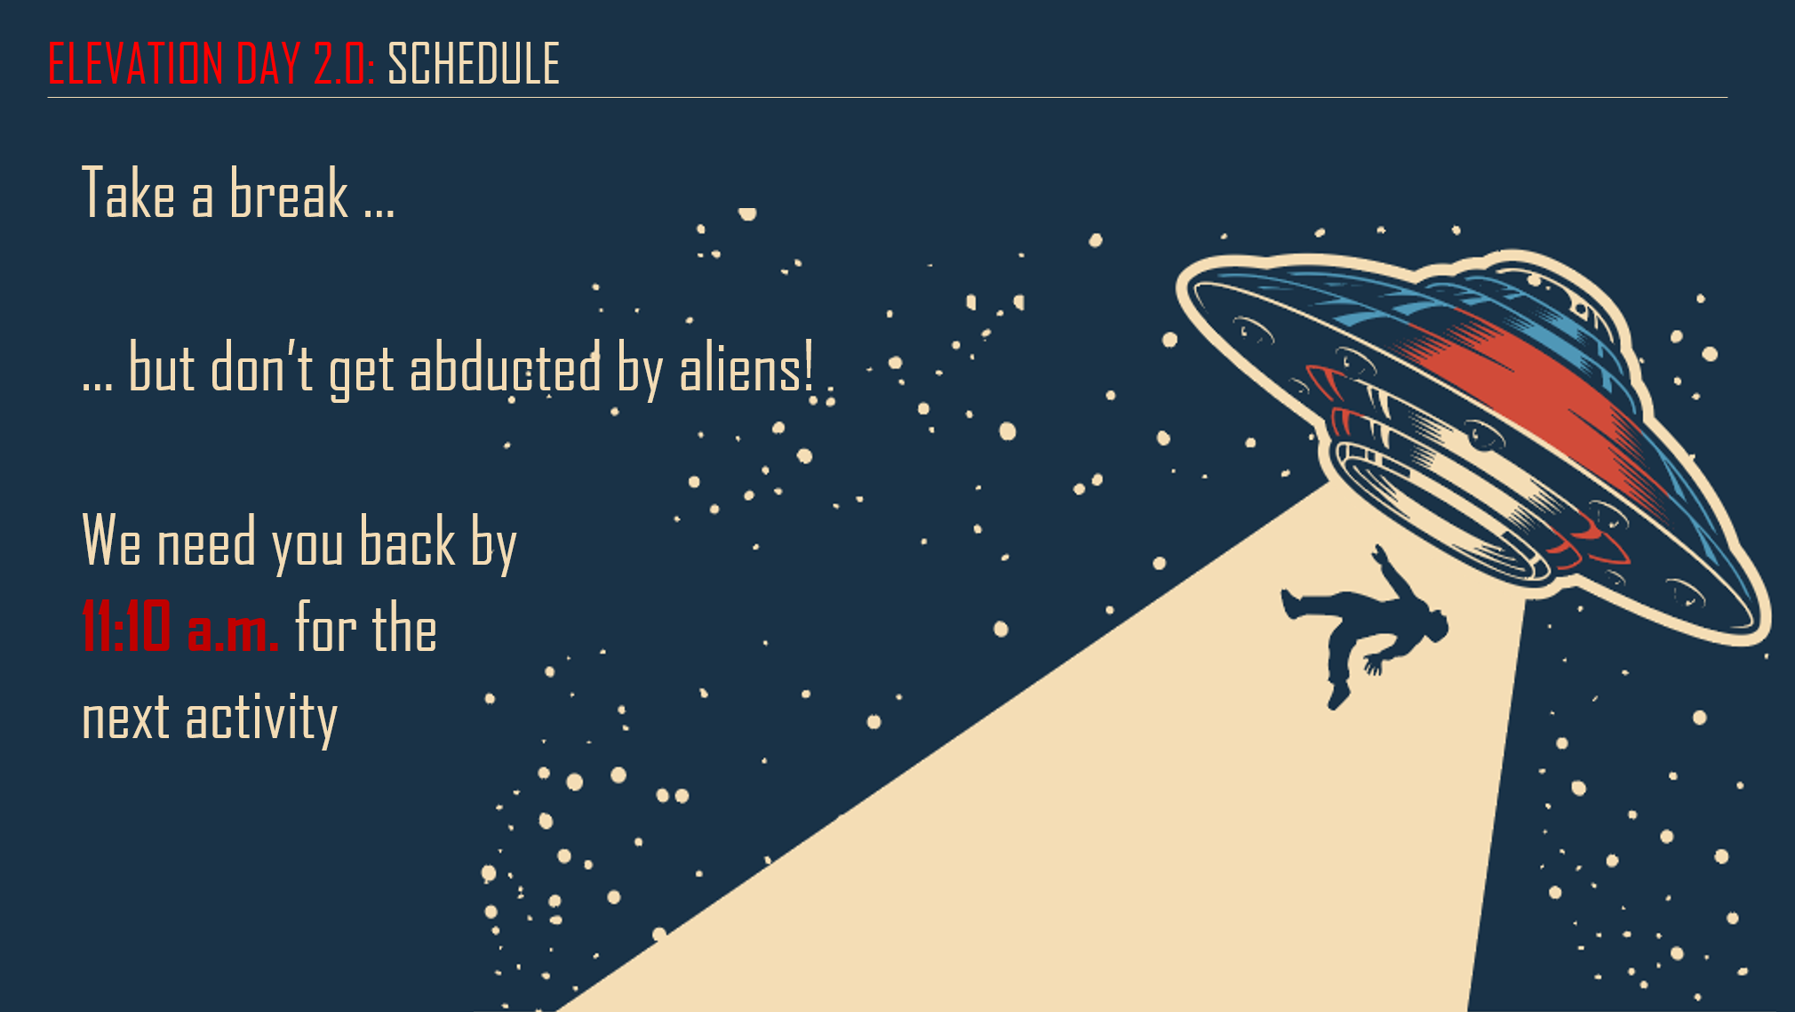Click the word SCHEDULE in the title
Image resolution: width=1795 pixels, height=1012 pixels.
tap(474, 63)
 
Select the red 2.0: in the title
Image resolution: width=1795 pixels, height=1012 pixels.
tap(344, 63)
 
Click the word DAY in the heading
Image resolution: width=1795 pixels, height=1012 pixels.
tap(268, 63)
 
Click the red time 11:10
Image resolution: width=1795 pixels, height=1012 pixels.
tap(126, 626)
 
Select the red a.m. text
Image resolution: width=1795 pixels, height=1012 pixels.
tap(233, 631)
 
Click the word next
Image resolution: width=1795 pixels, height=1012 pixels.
tap(125, 719)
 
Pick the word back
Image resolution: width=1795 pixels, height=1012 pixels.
tap(408, 540)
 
